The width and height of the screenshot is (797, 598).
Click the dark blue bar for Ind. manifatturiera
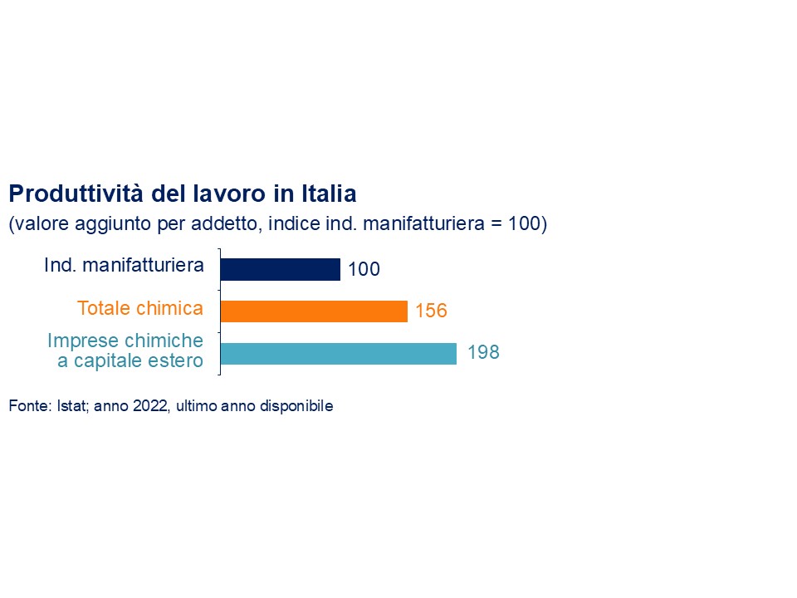pyautogui.click(x=280, y=269)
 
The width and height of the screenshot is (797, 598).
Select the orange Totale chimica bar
pyautogui.click(x=314, y=311)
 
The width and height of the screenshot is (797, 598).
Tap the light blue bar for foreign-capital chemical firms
pyautogui.click(x=338, y=353)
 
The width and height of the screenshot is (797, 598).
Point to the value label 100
pyautogui.click(x=364, y=270)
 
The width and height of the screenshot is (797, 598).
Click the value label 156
pyautogui.click(x=431, y=311)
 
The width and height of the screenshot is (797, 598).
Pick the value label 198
pyautogui.click(x=483, y=352)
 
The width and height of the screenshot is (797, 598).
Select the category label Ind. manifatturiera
pyautogui.click(x=124, y=267)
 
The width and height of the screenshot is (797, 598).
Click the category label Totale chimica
pyautogui.click(x=140, y=309)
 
